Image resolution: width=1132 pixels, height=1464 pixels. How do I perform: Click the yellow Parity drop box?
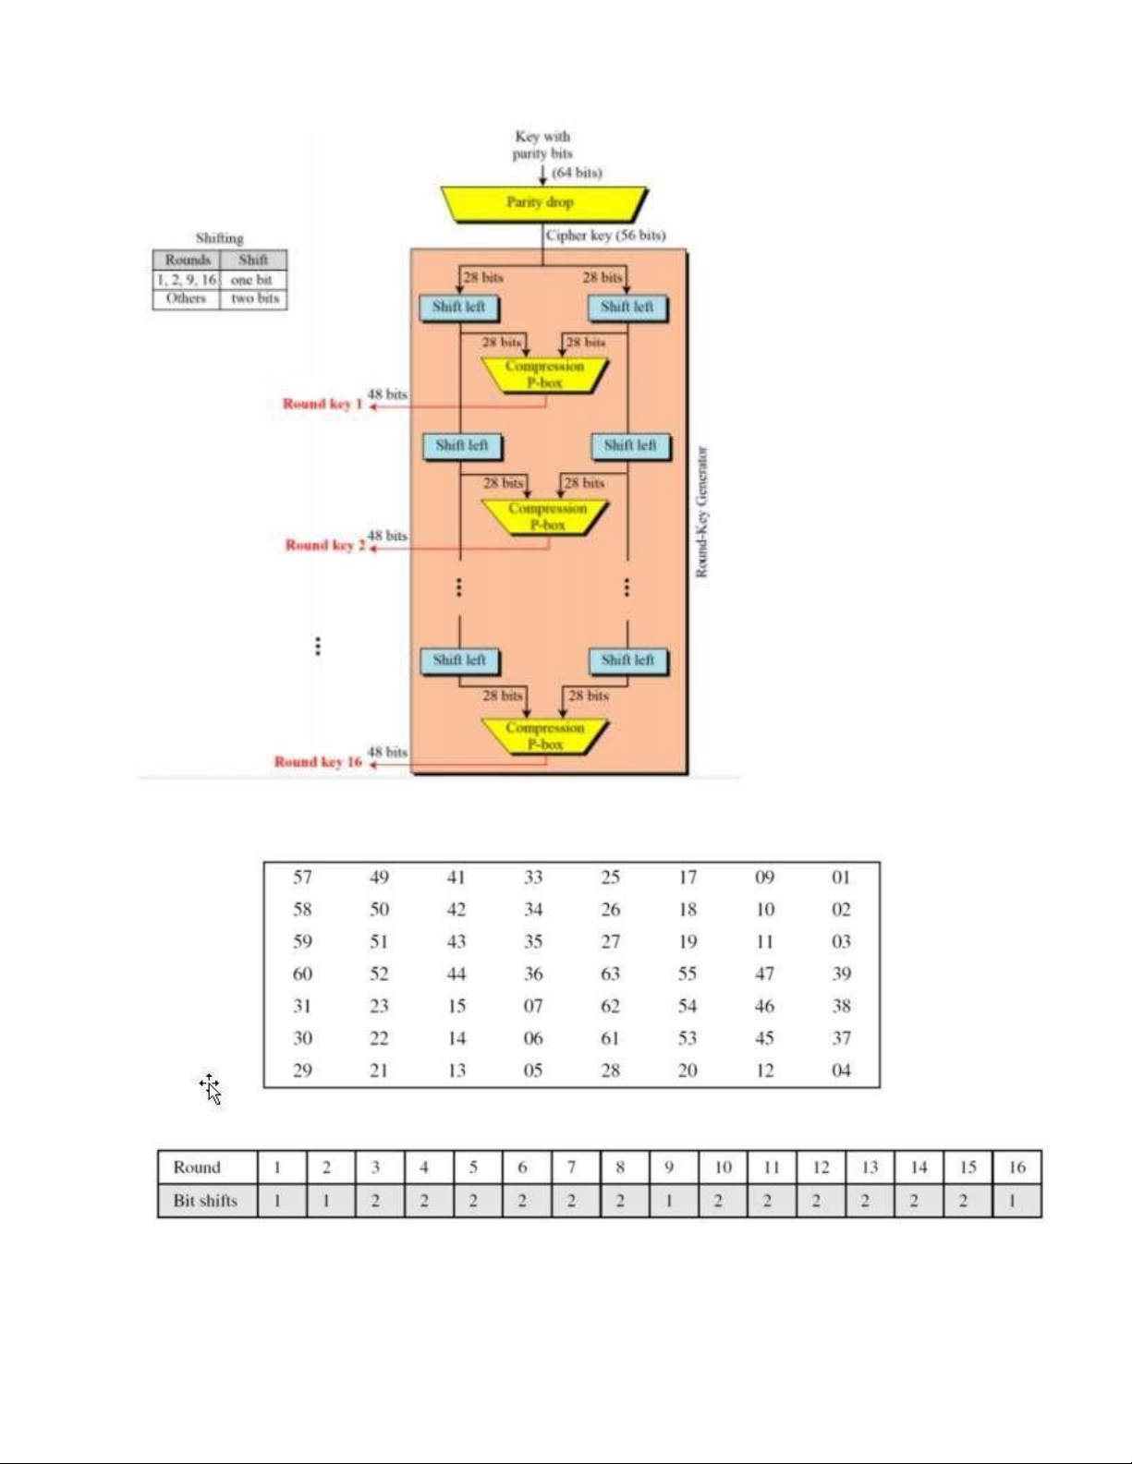pos(542,203)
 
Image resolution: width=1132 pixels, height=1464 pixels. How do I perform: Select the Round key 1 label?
pos(323,404)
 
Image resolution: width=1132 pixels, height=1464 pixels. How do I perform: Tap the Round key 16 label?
pos(318,762)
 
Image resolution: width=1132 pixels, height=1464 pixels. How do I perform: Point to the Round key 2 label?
pos(324,545)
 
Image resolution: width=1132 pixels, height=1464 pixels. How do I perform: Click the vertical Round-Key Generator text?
pos(701,513)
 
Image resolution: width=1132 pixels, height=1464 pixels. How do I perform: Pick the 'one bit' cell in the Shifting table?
pos(252,280)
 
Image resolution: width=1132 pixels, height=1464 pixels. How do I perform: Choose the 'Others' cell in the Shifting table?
pos(186,298)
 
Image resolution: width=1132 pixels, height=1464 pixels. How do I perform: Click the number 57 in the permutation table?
pos(302,877)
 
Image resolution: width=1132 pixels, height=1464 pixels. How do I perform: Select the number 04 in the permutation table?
pos(841,1071)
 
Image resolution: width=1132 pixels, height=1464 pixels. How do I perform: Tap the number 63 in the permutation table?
pos(610,974)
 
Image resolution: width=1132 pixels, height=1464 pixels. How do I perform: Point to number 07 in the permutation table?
pos(533,1006)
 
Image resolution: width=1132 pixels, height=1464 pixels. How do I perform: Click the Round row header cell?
pos(197,1168)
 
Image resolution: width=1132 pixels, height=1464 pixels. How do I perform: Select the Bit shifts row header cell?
pos(205,1201)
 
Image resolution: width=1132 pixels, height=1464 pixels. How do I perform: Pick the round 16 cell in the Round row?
pos(1016,1168)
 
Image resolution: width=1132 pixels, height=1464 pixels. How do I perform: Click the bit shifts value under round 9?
pos(669,1201)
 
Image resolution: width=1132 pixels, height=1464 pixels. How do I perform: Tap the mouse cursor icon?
pos(211,1089)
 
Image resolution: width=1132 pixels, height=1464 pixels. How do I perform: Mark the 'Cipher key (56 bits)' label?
pos(605,236)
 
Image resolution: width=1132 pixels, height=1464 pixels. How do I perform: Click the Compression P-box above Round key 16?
pos(545,735)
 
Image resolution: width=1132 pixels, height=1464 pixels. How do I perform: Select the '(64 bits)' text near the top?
pos(577,173)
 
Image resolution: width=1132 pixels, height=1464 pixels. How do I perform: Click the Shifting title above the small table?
pos(219,238)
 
